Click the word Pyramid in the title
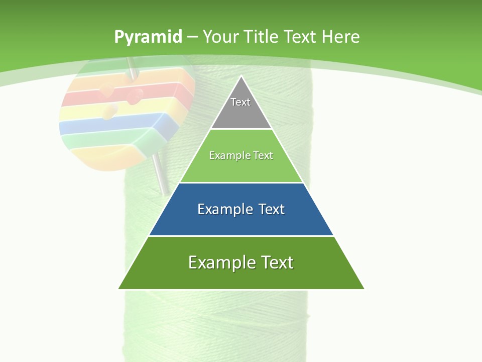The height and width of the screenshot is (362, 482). coord(148,37)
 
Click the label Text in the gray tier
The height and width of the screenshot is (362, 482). coord(240,102)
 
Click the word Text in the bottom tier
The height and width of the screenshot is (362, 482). coord(276,262)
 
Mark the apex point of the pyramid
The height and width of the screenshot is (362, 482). coord(241,76)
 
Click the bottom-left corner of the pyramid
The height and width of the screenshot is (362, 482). coord(119,289)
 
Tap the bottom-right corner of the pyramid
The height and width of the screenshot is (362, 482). coord(364,289)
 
